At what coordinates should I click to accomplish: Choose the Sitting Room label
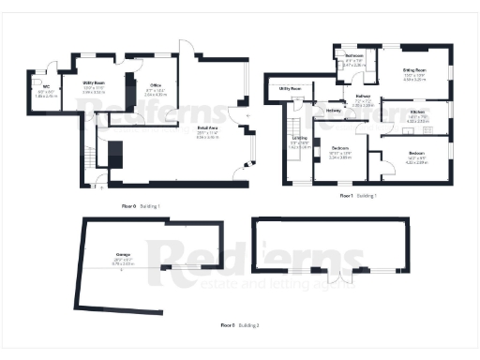tap(413, 74)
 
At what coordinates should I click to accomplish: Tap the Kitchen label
tap(417, 114)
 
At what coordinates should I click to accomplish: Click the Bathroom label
tap(353, 60)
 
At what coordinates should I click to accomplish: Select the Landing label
tap(300, 142)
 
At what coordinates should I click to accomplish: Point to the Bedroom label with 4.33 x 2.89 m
tap(416, 156)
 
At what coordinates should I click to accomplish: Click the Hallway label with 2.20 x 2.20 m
tap(362, 100)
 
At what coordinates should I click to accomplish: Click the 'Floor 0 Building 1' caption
tap(141, 205)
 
